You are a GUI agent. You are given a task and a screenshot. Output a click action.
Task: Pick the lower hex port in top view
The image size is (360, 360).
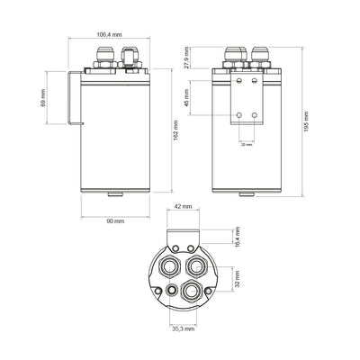tap(190, 291)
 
